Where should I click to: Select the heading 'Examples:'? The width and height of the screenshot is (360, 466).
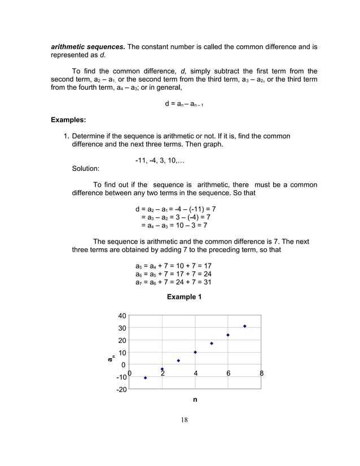tap(69, 120)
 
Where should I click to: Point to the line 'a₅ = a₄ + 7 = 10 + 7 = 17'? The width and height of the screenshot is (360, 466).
tap(173, 266)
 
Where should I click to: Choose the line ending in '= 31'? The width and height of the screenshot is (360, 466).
tap(173, 282)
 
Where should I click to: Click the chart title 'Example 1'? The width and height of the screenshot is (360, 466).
tap(184, 297)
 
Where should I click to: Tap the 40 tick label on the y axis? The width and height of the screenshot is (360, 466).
tap(122, 316)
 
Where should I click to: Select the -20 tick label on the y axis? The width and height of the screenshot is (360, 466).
tap(121, 390)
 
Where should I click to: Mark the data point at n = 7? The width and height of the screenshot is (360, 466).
tap(245, 326)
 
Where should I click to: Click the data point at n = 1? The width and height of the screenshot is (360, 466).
tap(146, 378)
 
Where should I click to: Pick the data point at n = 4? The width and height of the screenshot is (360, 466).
tap(195, 352)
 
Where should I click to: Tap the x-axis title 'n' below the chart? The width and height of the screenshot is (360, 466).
tap(195, 399)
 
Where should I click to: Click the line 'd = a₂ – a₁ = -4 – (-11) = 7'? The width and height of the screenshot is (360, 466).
tap(175, 209)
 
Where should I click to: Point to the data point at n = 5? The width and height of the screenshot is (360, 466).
tap(212, 344)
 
